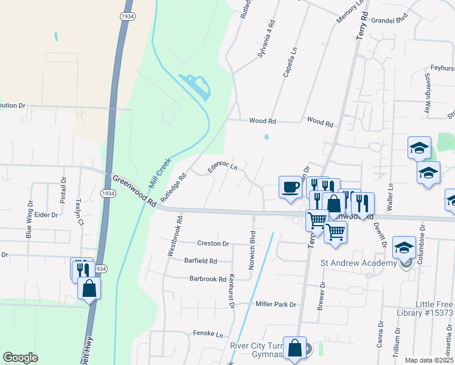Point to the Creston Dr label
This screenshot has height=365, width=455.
click(213, 243)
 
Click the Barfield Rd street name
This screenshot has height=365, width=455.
click(200, 261)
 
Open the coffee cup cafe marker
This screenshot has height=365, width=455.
click(290, 186)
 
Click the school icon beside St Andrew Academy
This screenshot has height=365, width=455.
click(403, 248)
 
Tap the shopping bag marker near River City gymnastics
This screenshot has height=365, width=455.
click(294, 349)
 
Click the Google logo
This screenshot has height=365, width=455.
click(20, 358)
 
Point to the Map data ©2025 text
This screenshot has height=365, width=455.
click(428, 360)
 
